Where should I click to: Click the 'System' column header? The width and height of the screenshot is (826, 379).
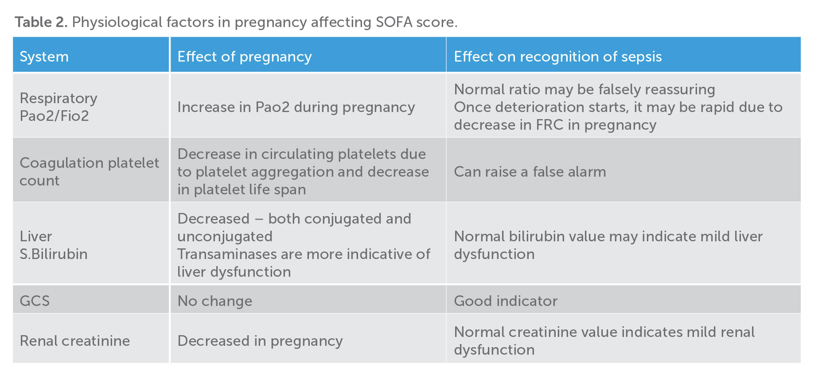44,57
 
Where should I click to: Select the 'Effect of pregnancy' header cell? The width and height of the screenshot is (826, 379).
245,57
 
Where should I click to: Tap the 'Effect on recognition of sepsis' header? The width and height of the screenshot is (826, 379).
557,57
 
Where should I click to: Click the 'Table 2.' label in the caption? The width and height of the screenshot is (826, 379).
41,22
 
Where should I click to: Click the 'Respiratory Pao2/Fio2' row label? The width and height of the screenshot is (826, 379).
58,107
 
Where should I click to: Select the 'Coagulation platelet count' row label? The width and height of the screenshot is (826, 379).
89,171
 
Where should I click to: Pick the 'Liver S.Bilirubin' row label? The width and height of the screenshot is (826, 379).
53,245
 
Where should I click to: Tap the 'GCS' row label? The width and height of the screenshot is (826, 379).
35,301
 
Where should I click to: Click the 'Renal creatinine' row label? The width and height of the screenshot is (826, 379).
74,341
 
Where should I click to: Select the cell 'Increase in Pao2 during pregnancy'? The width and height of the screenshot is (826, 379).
296,107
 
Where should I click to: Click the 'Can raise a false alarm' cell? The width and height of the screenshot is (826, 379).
530,172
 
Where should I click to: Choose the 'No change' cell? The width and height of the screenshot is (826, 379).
214,301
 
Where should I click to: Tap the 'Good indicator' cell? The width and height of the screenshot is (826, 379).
505,301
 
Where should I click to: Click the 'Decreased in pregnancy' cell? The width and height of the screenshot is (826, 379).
260,341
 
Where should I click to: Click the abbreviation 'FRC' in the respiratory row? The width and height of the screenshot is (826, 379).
549,125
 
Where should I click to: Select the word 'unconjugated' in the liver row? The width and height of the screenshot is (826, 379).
225,236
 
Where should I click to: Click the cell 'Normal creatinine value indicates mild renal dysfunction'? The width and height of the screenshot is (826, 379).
604,340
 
